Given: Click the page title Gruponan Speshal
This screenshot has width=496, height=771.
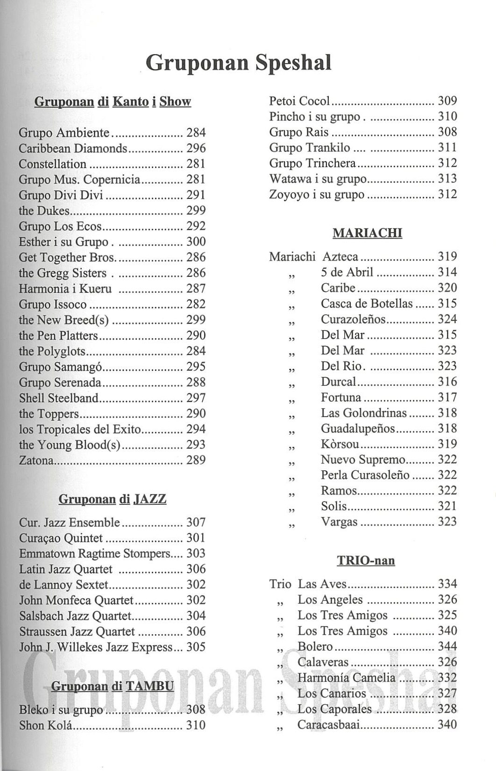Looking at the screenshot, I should click(x=238, y=63).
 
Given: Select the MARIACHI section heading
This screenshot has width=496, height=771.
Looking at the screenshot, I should click(x=367, y=233).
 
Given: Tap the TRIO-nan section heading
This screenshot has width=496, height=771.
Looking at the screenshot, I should click(x=366, y=560).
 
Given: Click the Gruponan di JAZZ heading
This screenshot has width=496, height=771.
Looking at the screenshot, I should click(x=112, y=499).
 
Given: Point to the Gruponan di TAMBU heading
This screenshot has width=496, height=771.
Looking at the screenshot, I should click(x=112, y=686).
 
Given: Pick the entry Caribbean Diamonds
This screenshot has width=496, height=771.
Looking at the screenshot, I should click(x=73, y=149).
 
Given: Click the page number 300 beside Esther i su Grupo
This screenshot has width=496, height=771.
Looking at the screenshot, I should click(x=196, y=242).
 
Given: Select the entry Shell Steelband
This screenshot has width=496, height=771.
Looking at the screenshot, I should click(x=59, y=398).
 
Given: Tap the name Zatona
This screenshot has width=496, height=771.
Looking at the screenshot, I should click(x=36, y=460).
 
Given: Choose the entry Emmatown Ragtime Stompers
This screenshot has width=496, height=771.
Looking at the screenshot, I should click(x=95, y=554).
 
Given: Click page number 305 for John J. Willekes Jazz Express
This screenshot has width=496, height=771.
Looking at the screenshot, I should click(x=196, y=647).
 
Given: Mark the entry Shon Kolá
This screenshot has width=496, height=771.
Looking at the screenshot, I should click(x=46, y=725).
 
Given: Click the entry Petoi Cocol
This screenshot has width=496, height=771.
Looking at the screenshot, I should click(x=299, y=101).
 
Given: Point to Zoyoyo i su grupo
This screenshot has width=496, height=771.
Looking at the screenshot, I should click(x=317, y=194).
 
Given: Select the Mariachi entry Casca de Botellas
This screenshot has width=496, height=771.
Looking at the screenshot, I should click(x=367, y=304).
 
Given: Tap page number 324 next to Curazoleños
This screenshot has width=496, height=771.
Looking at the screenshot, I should click(x=447, y=319).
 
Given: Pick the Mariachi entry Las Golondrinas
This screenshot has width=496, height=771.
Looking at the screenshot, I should click(x=363, y=413).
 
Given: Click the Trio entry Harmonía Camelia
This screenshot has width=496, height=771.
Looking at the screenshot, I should click(x=346, y=678).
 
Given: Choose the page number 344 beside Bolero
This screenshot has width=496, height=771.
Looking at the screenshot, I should click(x=447, y=647).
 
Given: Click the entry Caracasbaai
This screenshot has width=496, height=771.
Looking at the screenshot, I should click(x=329, y=725).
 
